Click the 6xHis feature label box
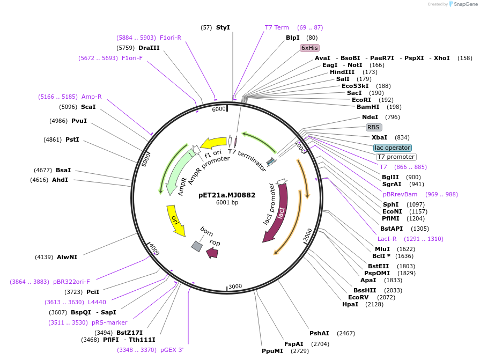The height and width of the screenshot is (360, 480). point(309,48)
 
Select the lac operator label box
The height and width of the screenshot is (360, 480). point(393,148)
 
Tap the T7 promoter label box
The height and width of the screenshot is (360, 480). point(396,157)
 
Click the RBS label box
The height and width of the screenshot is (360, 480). point(373,128)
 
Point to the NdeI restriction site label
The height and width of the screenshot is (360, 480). point(370,117)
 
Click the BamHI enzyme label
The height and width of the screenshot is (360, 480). point(368,107)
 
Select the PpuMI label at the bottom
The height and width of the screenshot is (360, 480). point(272,351)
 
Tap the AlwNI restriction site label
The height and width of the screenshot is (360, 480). point(67,257)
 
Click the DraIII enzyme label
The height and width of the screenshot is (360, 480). point(149,48)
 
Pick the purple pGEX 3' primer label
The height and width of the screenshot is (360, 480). point(172,350)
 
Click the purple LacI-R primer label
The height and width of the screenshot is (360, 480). point(387,239)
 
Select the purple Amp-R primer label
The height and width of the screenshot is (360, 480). point(91,97)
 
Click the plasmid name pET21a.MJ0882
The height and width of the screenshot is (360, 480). point(227,195)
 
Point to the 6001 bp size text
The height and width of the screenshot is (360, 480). point(227,203)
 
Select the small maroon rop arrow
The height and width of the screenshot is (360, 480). point(212,252)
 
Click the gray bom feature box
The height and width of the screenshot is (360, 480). point(197,246)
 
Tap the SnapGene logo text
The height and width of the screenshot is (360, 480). point(463,4)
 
